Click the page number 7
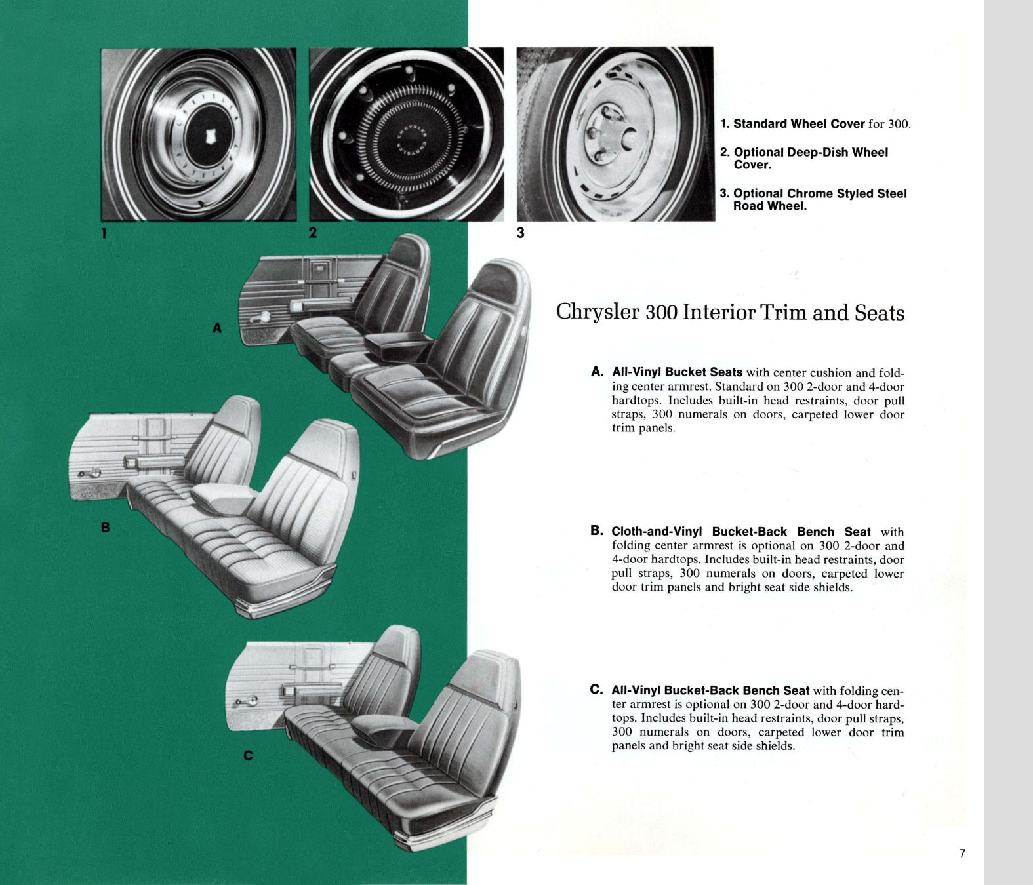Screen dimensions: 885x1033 click(962, 854)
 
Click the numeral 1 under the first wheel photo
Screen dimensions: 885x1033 click(104, 233)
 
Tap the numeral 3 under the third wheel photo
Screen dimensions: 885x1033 click(520, 233)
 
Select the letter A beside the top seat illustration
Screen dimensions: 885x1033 click(217, 328)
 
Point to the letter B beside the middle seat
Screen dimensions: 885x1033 click(105, 527)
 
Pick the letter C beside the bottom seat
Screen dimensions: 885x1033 click(248, 756)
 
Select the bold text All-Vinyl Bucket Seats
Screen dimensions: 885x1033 click(677, 372)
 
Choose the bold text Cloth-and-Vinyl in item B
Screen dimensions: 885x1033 click(657, 532)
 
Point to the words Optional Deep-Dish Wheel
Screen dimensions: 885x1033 click(811, 152)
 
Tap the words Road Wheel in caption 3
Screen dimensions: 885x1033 click(769, 206)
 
